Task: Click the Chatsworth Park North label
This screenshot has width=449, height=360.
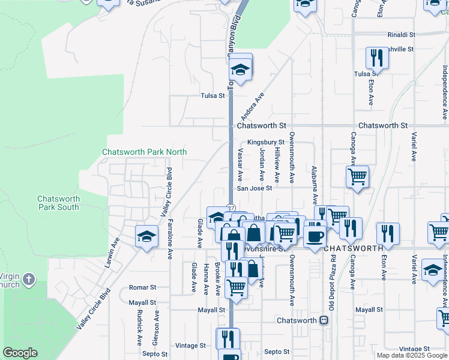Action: [144, 152]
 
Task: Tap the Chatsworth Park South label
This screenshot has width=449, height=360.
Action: [58, 203]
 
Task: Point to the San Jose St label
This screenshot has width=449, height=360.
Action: [255, 188]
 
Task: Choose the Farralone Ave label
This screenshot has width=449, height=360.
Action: [170, 238]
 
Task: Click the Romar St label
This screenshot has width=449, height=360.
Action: [143, 288]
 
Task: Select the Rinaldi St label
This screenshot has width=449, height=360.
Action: [402, 35]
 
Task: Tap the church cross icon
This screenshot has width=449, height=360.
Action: [29, 279]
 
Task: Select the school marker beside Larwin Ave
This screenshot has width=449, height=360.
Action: [146, 237]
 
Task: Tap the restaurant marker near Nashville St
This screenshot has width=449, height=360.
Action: [377, 58]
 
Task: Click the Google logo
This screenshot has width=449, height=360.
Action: [20, 353]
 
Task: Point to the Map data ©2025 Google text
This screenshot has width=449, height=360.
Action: [412, 355]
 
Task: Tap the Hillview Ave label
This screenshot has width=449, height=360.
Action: [277, 166]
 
